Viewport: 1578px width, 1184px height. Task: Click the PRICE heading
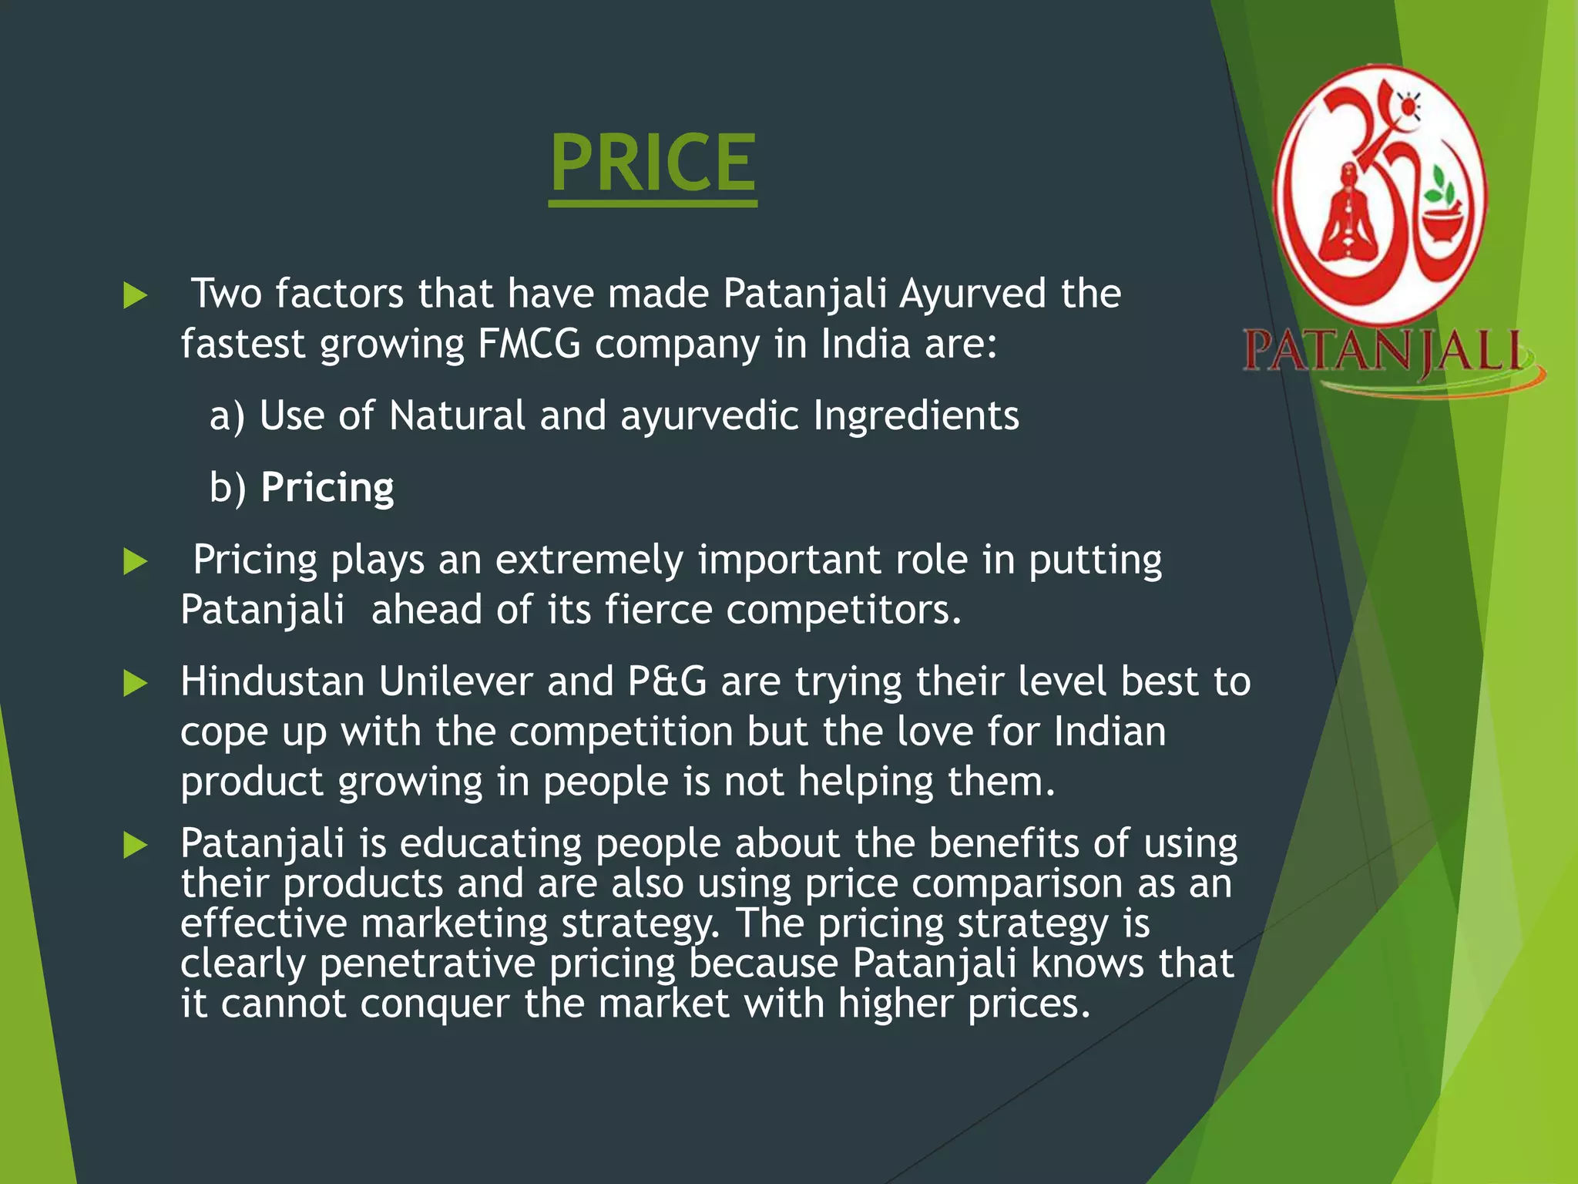(x=653, y=163)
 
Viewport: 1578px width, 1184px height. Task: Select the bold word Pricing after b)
(x=327, y=488)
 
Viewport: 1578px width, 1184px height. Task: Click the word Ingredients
(x=916, y=416)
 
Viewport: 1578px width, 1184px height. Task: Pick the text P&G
(x=667, y=682)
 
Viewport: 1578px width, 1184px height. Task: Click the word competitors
(x=844, y=610)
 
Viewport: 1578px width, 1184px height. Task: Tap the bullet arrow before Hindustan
(x=135, y=683)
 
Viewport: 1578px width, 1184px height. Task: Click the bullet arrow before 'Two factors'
(x=135, y=295)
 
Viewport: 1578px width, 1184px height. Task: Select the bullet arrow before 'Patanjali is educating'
(x=135, y=846)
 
